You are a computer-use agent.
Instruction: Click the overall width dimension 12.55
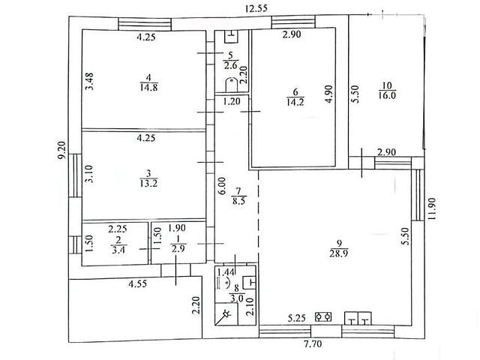coord(256,8)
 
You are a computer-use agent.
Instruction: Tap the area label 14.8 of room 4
coord(148,88)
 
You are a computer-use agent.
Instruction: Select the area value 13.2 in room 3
coord(148,183)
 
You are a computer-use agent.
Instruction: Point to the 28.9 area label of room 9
coord(339,253)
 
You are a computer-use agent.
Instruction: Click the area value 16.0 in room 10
coord(387,95)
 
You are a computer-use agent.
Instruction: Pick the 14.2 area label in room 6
coord(295,102)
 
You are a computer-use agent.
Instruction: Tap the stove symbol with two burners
coord(323,316)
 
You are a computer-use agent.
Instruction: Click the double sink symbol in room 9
coord(358,318)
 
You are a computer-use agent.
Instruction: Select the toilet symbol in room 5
coord(232,85)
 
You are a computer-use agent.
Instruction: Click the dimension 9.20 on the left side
coord(62,150)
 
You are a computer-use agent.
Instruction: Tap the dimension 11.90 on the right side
coord(432,208)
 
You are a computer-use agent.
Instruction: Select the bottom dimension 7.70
coord(313,344)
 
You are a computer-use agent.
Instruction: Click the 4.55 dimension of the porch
coord(137,284)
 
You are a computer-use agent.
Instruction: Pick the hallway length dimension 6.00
coord(222,185)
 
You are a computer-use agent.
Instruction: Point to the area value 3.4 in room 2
coord(118,250)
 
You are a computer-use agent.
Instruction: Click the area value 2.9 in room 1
coord(178,248)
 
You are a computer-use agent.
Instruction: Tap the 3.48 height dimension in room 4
coord(90,81)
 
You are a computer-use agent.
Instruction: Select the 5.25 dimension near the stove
coord(297,318)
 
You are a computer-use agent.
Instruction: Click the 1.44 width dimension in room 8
coord(226,271)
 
